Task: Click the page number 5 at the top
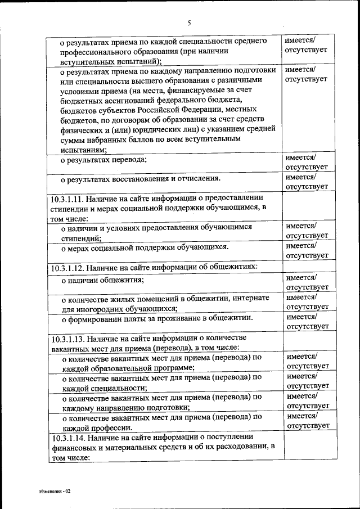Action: [x=189, y=22]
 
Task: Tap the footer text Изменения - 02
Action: [x=55, y=491]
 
